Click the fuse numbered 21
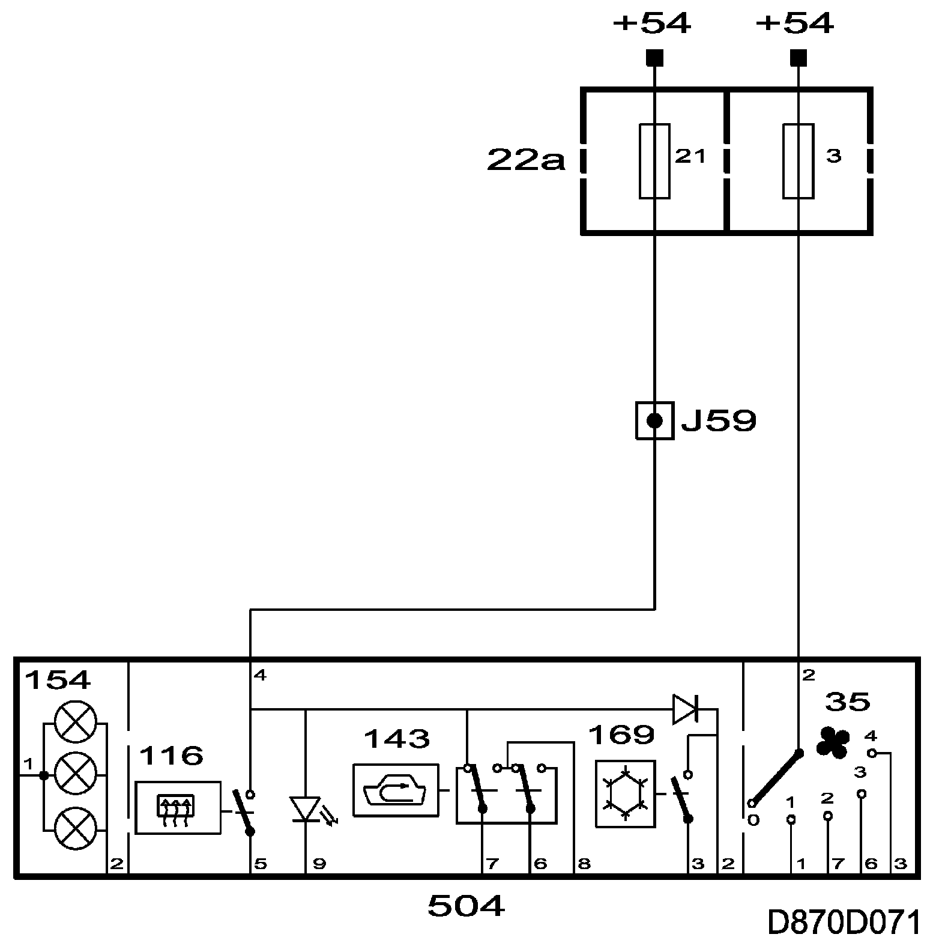tap(654, 161)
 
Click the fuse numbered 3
tap(798, 161)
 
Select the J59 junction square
tap(654, 421)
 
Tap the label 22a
tap(526, 160)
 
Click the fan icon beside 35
tap(833, 742)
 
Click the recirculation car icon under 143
tap(395, 790)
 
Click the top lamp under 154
tap(75, 721)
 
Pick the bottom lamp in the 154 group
tap(75, 828)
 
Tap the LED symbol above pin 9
tap(306, 808)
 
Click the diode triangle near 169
tap(685, 709)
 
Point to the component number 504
tap(466, 906)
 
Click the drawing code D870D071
tap(844, 924)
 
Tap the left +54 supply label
tap(652, 24)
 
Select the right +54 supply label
tap(795, 24)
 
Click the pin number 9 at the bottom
tap(319, 864)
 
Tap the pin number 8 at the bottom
tap(584, 864)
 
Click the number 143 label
tap(397, 739)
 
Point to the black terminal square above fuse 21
tap(654, 58)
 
